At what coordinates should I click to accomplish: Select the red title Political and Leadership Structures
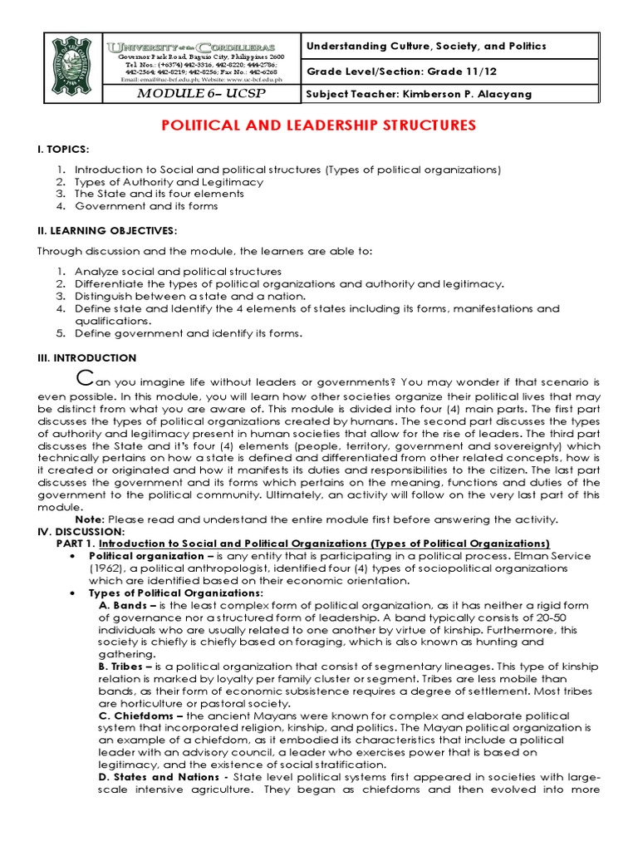click(317, 125)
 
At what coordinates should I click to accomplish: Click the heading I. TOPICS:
click(63, 149)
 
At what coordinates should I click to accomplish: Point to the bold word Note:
click(89, 519)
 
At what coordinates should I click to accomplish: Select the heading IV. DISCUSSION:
click(81, 531)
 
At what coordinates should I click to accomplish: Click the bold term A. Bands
click(122, 605)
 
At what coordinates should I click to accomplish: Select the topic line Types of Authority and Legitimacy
click(169, 181)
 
